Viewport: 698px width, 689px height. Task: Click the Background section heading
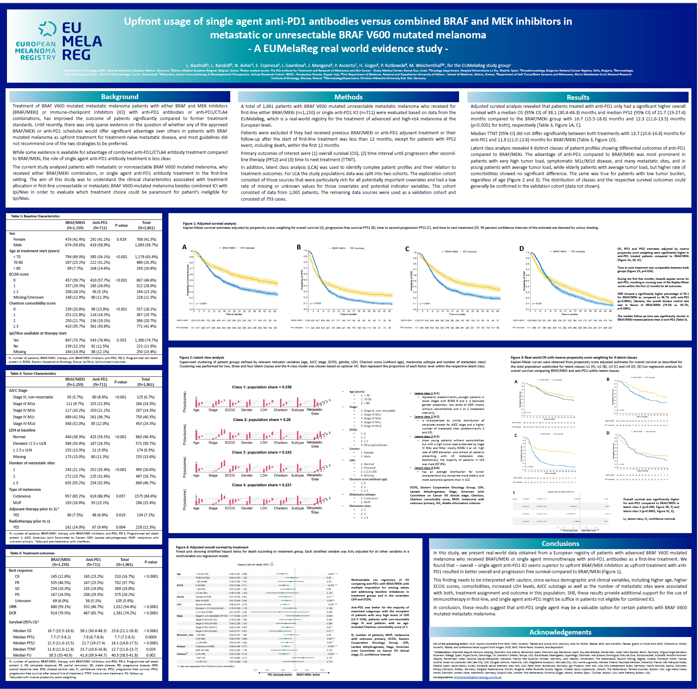120,97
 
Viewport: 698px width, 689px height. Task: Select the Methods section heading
348,97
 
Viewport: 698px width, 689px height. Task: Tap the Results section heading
578,97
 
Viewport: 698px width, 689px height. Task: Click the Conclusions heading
560,544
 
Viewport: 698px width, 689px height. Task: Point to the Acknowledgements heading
560,632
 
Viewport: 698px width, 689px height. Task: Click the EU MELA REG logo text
82,41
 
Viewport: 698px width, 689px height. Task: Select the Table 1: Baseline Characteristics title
36,216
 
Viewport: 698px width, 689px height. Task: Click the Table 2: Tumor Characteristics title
33,373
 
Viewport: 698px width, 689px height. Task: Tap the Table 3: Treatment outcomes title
32,553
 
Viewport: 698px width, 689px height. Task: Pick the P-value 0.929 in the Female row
121,239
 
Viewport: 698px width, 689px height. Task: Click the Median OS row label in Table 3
22,630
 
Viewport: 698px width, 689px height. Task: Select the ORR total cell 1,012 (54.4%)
124,607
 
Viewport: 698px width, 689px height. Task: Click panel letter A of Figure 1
184,247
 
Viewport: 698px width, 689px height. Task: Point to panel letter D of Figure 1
521,249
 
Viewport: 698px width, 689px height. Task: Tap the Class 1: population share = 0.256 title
262,387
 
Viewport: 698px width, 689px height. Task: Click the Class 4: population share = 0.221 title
262,485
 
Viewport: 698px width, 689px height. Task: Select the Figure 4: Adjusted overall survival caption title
212,547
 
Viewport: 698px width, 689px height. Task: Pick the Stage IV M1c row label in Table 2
24,417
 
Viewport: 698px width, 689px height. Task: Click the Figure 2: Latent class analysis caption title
202,357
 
